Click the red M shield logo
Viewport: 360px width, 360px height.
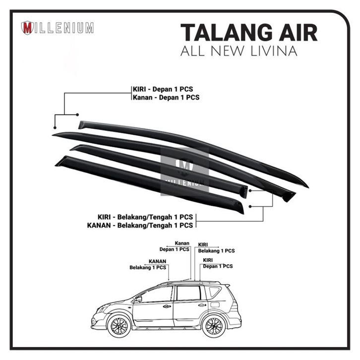(x=28, y=28)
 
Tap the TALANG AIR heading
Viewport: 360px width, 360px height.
(x=249, y=33)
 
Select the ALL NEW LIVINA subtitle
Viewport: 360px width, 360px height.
(x=239, y=51)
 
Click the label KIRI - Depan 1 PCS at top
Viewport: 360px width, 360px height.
(x=162, y=89)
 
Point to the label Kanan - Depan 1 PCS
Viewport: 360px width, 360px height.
(x=166, y=97)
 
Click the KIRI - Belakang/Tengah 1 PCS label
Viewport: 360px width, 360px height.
(x=145, y=217)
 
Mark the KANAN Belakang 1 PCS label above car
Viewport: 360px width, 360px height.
(x=148, y=264)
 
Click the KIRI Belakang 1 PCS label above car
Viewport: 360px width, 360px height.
(x=216, y=248)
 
